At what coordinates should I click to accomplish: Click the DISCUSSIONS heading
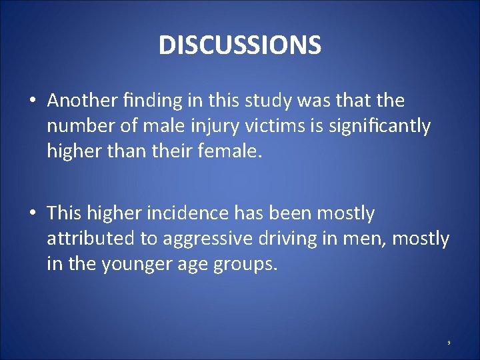[240, 45]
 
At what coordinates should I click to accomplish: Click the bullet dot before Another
[32, 101]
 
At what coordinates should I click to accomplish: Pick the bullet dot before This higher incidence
[32, 214]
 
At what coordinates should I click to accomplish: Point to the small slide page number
[449, 343]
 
